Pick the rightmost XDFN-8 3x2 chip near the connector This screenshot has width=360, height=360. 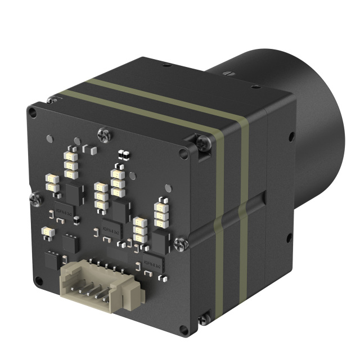[x=153, y=263]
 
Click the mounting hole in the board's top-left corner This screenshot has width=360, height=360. [x=33, y=113]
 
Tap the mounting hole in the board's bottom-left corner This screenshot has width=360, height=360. [x=38, y=280]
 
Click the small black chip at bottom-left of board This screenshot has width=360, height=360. [x=51, y=260]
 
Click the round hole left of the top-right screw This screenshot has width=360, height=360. [x=183, y=154]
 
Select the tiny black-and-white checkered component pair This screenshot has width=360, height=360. [x=123, y=154]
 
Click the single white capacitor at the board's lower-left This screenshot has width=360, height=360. [x=48, y=232]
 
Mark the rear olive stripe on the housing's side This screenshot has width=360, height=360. [x=244, y=214]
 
